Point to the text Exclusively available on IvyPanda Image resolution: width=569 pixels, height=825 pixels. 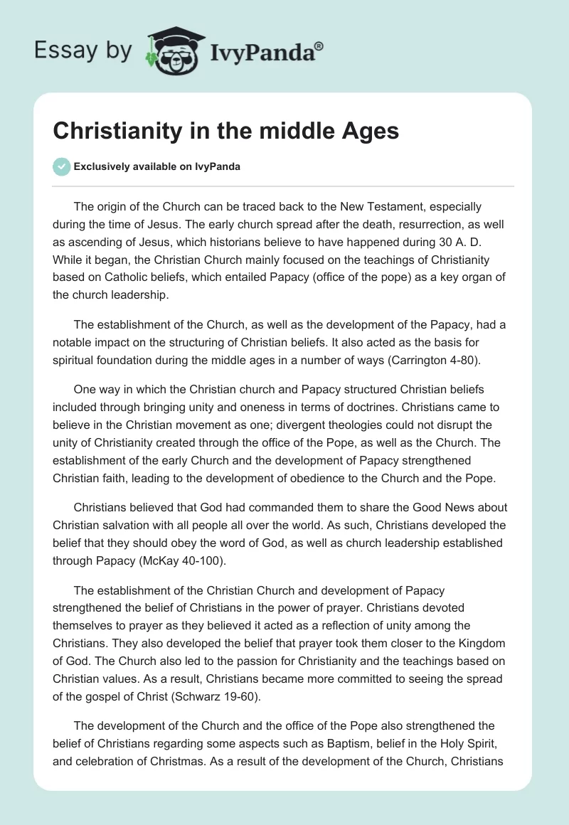click(156, 166)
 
